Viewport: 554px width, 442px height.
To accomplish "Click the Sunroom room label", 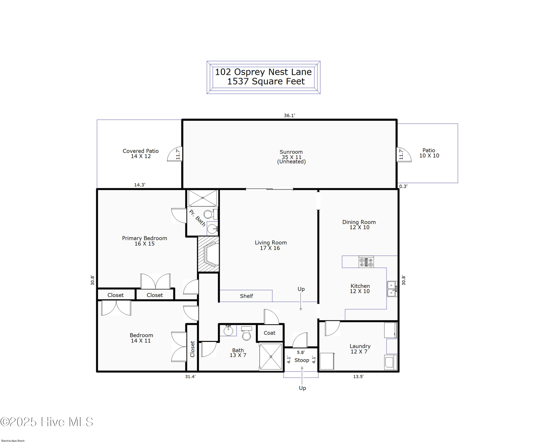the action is coord(291,152).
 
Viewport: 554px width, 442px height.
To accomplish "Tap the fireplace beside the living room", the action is coord(208,254).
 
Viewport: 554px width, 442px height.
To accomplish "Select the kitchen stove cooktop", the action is coord(366,262).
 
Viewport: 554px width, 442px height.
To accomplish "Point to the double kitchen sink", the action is coord(392,289).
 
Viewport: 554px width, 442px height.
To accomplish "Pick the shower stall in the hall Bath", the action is coord(271,357).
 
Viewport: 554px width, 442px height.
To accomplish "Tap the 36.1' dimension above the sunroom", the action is coord(289,115).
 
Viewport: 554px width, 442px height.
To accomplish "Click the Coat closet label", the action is coord(270,333).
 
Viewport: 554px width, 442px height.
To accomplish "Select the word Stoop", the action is coord(302,360).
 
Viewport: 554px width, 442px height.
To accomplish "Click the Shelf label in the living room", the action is coord(246,296).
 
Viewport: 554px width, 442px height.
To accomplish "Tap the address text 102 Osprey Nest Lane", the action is coord(263,72).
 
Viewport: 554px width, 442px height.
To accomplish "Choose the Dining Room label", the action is coord(359,222).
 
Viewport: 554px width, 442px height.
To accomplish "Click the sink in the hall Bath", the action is coord(228,330).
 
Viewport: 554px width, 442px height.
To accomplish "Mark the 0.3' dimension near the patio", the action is coord(403,186).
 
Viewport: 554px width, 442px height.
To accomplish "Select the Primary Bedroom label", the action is coord(144,238).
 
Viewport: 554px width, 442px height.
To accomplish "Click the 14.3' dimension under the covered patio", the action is coord(140,185).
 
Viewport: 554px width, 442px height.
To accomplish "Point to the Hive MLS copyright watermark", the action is coord(47,422).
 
